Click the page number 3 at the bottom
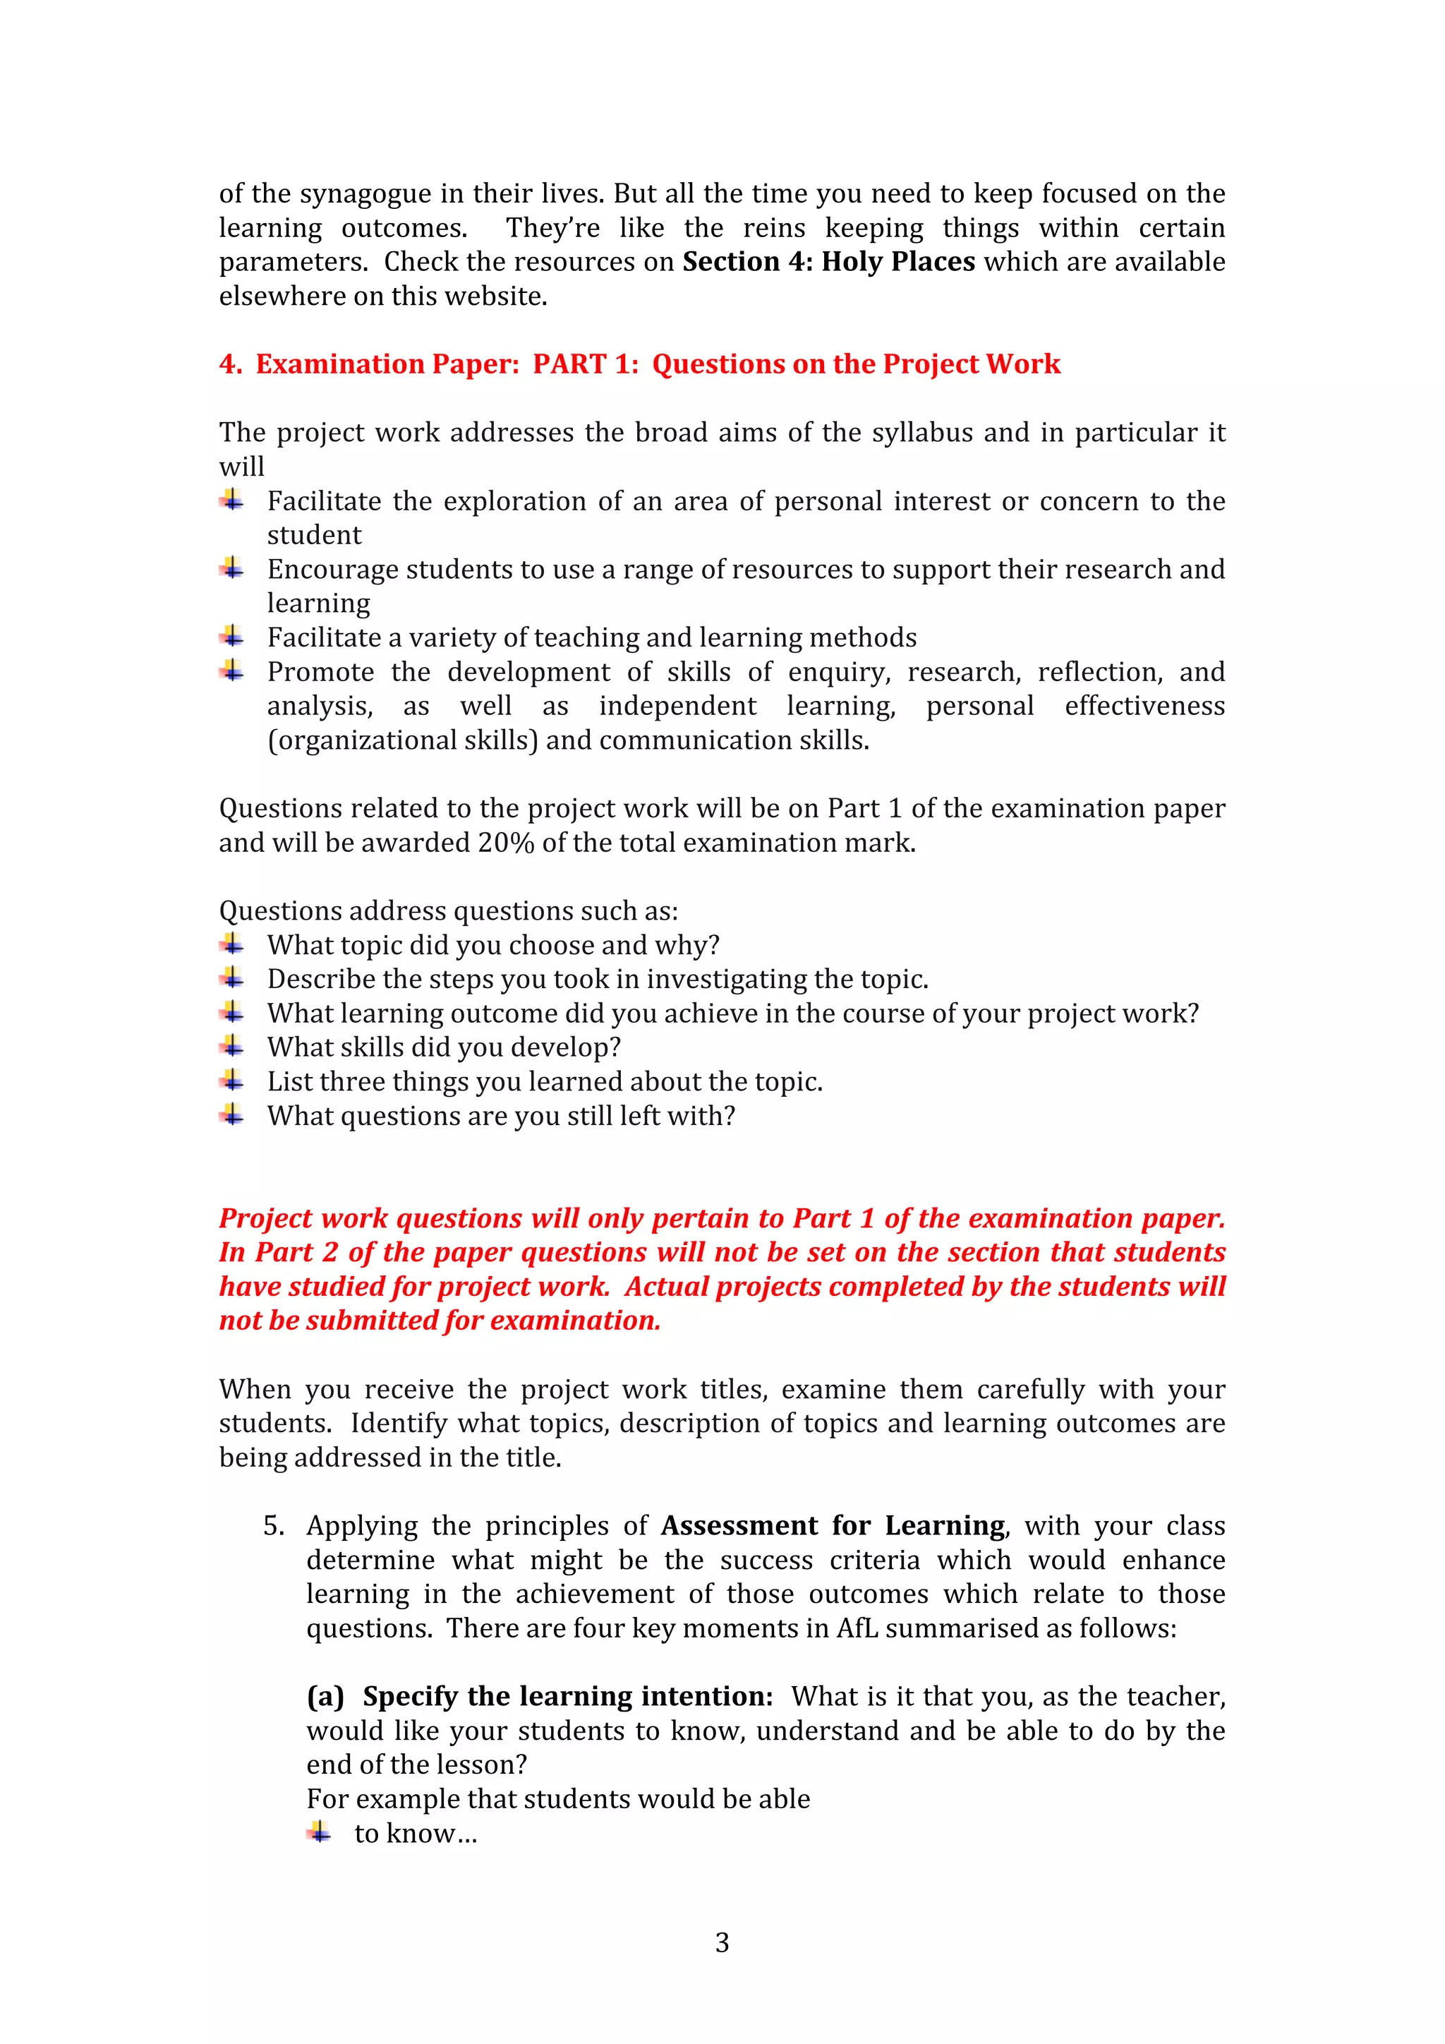pos(722,1942)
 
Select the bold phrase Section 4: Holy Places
pos(828,262)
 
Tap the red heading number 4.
pos(229,364)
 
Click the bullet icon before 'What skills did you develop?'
pos(232,1045)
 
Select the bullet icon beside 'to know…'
pos(320,1832)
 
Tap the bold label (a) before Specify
pos(325,1697)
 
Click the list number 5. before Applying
pos(273,1526)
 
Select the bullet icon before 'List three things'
pos(232,1080)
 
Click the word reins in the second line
pos(773,228)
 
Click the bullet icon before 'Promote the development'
pos(232,670)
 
